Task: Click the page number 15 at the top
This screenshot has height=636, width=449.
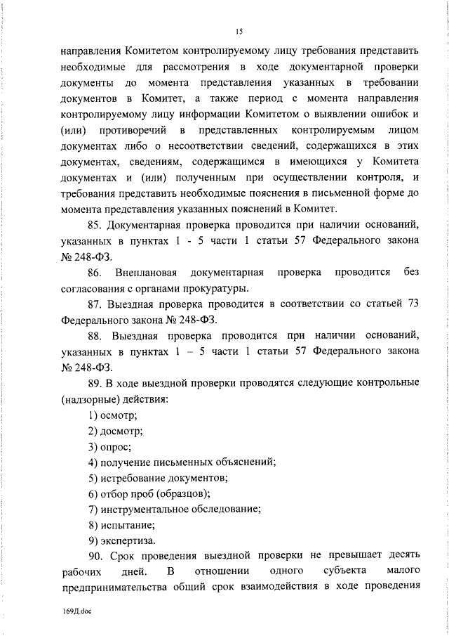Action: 239,30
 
